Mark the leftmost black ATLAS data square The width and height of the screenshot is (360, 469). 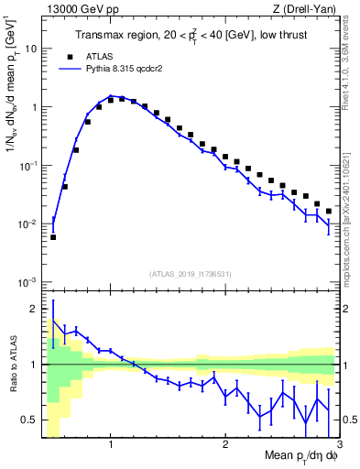click(53, 236)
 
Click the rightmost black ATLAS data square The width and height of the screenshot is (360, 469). click(329, 211)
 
